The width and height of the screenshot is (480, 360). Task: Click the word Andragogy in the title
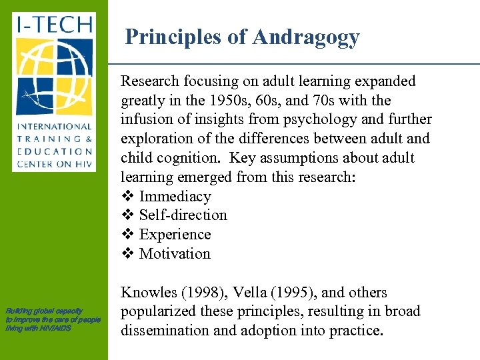tap(306, 37)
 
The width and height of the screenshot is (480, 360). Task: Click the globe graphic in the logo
tap(55, 77)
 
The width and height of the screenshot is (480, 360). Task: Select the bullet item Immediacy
tap(175, 197)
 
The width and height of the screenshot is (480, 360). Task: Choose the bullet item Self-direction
tap(183, 215)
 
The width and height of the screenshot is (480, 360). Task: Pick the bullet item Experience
tap(175, 235)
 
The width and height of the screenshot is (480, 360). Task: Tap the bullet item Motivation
tap(175, 254)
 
